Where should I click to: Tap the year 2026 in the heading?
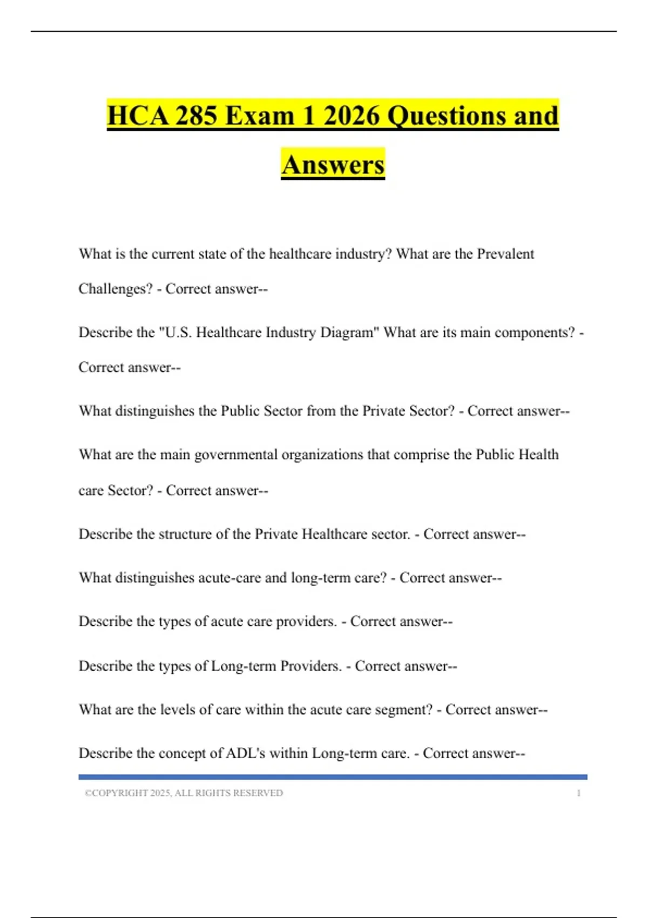coord(352,116)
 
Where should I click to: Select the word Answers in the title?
coord(333,165)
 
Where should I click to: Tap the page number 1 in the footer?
coord(578,793)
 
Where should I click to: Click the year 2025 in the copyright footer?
coord(160,793)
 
